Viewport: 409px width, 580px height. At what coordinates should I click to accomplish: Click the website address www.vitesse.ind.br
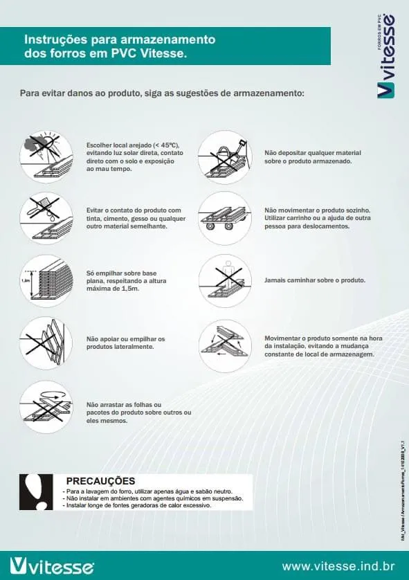338,566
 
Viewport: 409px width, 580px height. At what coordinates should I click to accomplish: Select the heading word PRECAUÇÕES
100,480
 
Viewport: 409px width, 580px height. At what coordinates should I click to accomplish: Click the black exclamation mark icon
34,492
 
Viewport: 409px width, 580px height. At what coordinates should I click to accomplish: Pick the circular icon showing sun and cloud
46,156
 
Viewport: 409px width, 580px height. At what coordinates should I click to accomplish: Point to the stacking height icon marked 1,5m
46,281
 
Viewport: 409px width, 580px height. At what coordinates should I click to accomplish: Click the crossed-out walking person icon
224,280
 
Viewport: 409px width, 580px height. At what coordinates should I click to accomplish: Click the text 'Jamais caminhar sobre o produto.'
315,280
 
